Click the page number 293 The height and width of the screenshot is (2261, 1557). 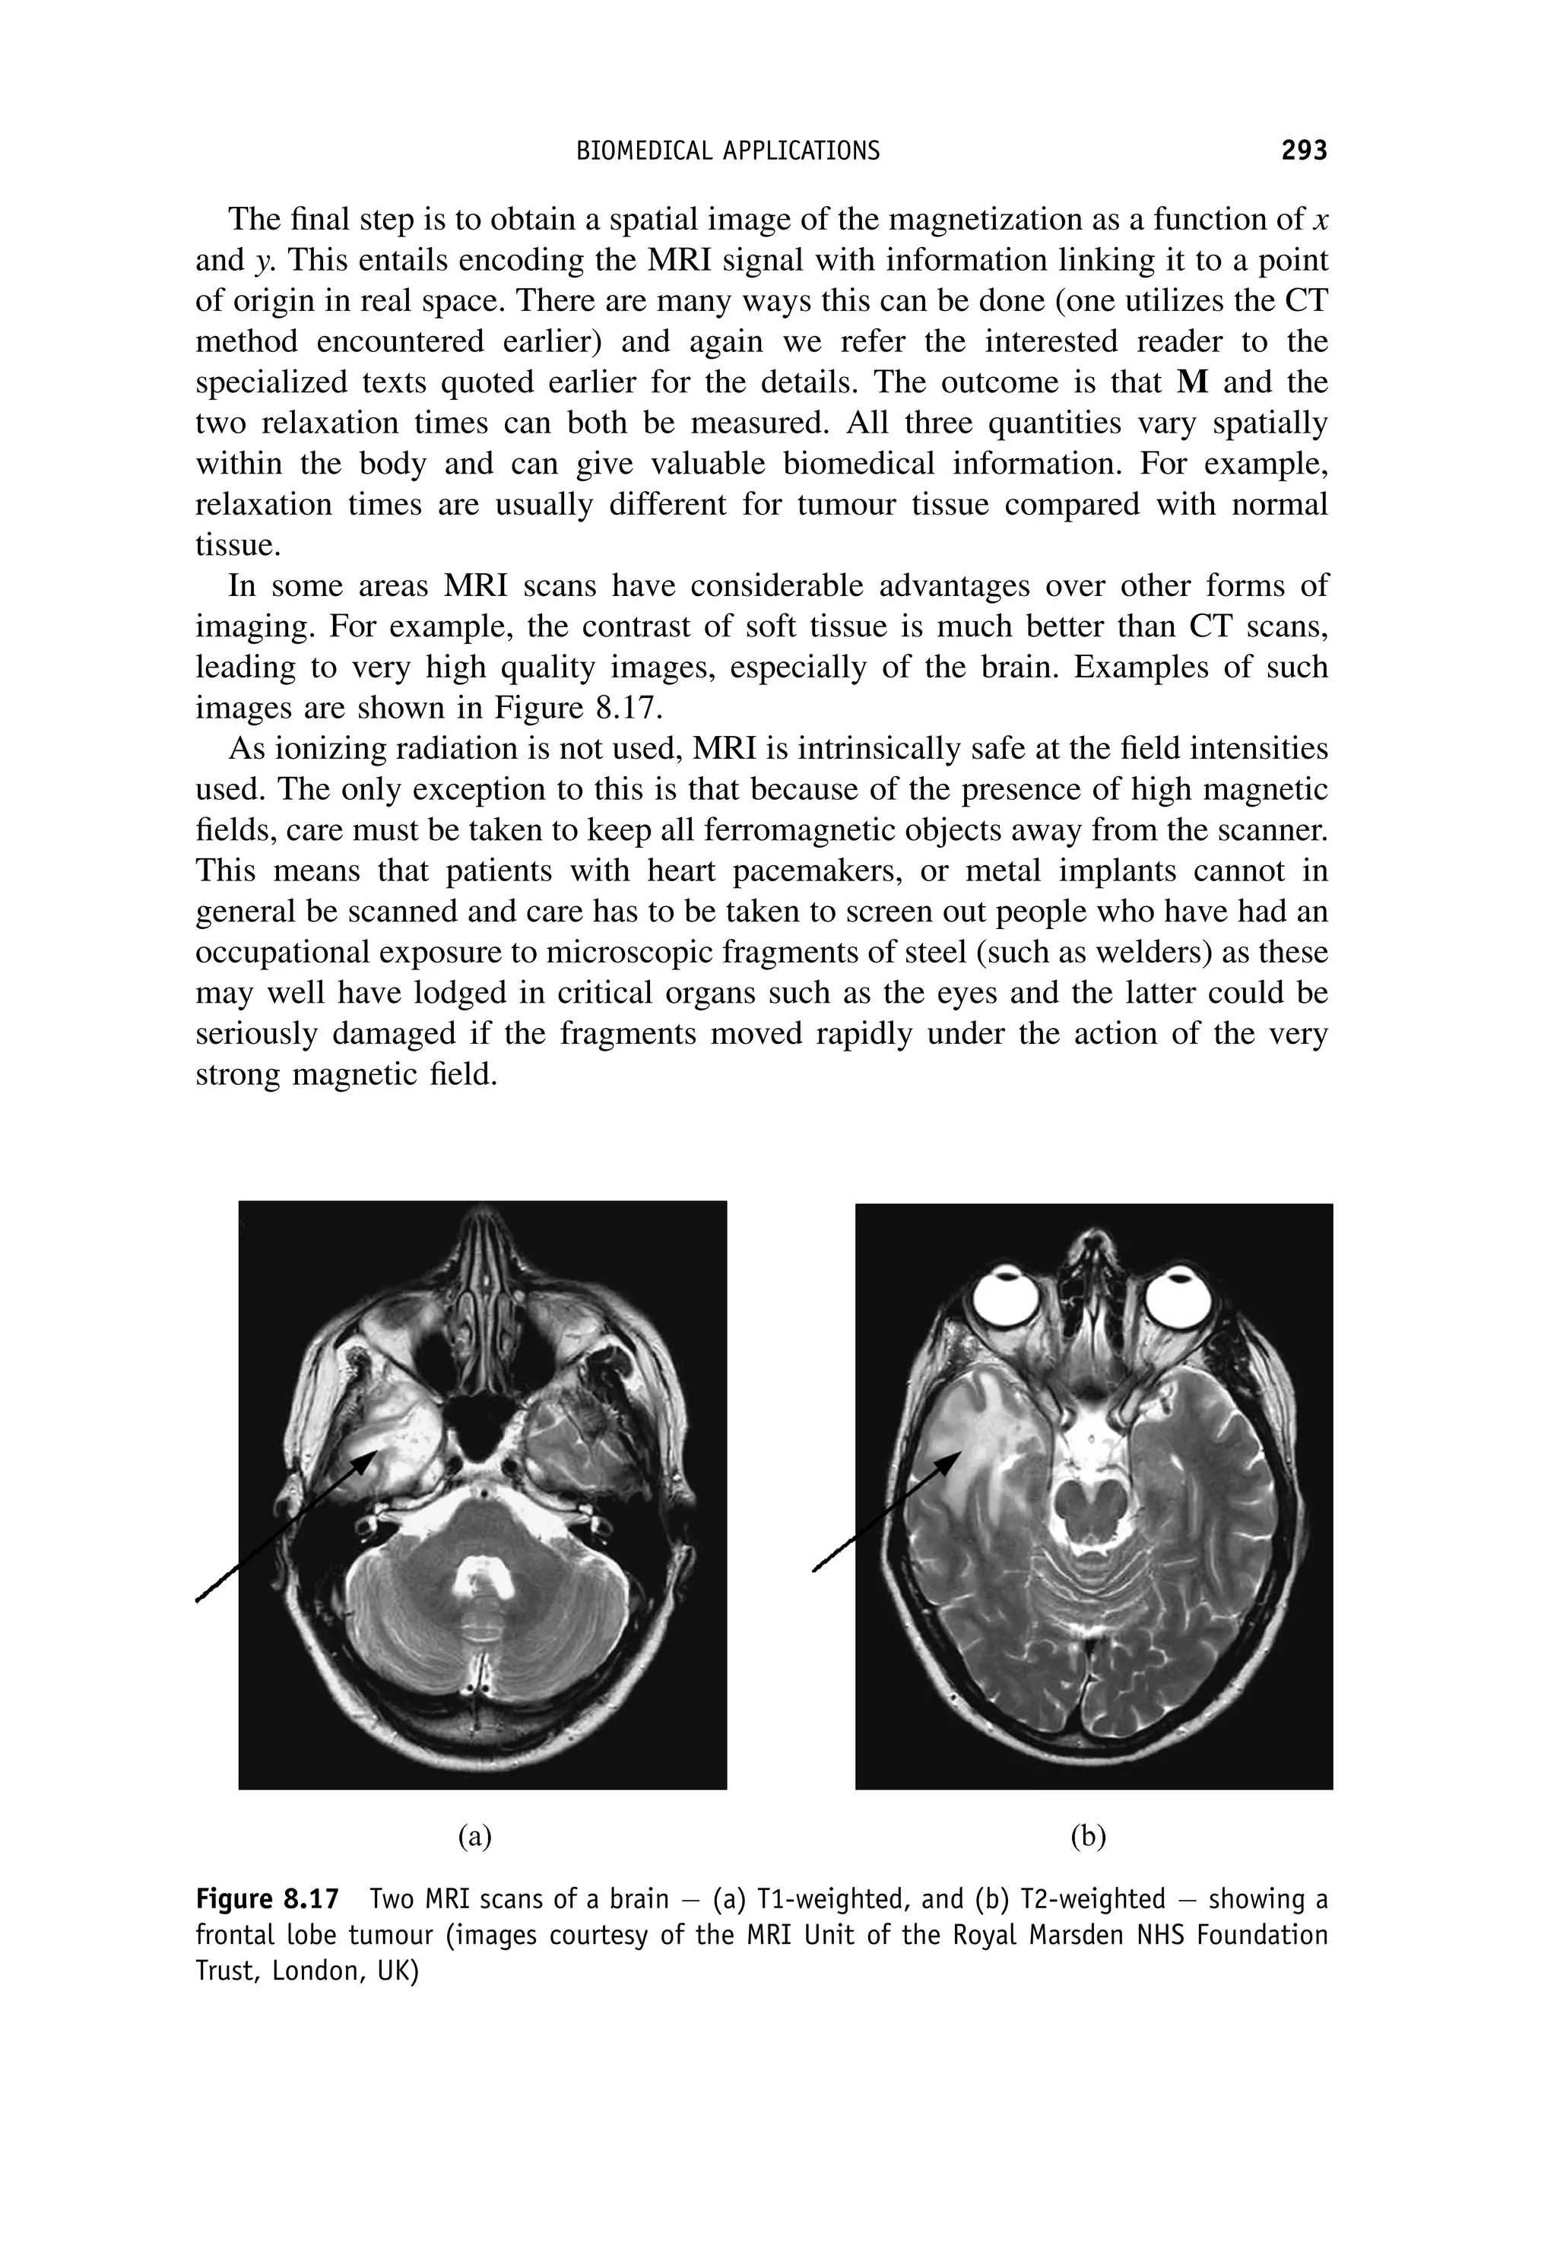[1303, 151]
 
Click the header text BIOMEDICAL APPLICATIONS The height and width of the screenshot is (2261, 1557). [728, 151]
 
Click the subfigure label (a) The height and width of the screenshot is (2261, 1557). [475, 1837]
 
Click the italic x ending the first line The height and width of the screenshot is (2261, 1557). [1320, 220]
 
